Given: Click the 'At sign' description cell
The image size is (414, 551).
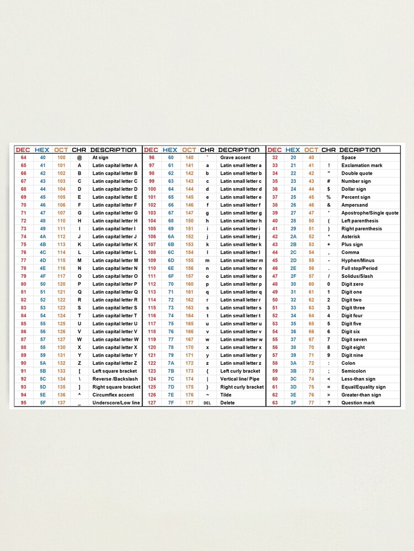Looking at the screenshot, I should click(x=100, y=158).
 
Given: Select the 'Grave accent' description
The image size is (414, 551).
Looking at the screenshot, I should click(x=235, y=158).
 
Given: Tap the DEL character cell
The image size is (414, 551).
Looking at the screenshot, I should click(x=208, y=403).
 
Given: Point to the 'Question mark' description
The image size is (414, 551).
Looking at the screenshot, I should click(x=358, y=403).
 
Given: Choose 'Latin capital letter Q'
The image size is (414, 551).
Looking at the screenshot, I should click(x=115, y=292).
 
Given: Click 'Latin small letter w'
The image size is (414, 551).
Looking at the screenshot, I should click(x=241, y=339).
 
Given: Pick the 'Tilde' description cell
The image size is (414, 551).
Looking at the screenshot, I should click(x=226, y=395).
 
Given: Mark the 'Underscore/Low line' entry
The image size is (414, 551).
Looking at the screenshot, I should click(x=116, y=403).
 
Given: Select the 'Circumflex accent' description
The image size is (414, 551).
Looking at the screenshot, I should click(x=113, y=395).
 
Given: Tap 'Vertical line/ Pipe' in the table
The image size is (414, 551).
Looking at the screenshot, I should click(x=240, y=379).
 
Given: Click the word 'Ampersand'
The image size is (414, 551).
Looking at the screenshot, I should click(x=354, y=205).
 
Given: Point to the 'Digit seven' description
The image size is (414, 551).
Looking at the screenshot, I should click(x=354, y=339).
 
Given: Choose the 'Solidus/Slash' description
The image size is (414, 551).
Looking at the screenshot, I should click(x=357, y=276).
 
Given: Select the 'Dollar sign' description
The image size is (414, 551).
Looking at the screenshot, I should click(x=354, y=189).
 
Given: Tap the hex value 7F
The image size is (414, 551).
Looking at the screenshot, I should click(x=171, y=403).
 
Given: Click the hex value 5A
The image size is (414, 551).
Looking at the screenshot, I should click(x=43, y=363).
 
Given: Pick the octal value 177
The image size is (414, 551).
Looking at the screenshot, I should click(x=189, y=403).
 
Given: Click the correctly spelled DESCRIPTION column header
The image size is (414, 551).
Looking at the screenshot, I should click(x=113, y=150).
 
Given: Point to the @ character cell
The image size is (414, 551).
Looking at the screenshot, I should click(x=79, y=158).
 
